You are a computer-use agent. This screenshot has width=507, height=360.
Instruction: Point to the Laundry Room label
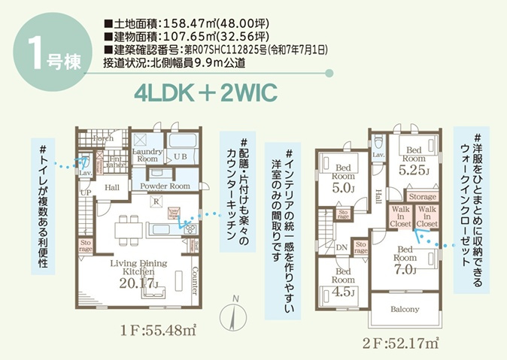click(147, 155)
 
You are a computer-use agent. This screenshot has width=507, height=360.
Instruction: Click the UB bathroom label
click(181, 157)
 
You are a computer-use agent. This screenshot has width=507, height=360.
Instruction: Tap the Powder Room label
click(159, 186)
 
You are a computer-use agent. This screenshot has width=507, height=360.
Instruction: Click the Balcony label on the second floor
click(405, 308)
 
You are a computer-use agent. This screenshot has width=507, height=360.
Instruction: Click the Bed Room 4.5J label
click(343, 281)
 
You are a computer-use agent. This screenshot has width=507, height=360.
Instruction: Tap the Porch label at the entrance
click(103, 138)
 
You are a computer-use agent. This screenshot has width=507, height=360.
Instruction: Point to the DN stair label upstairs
click(341, 246)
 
